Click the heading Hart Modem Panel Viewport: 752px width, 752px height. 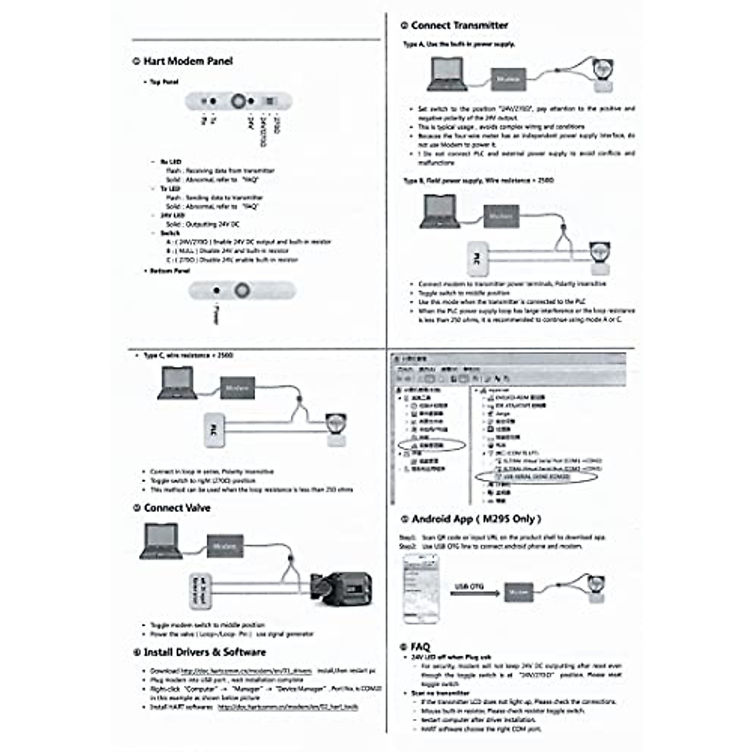click(x=187, y=61)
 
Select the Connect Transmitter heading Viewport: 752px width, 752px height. click(x=459, y=26)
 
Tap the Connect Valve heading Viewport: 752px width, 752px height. click(x=177, y=508)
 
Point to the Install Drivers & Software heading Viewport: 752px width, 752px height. click(x=204, y=652)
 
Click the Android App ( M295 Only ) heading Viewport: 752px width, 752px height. click(x=476, y=519)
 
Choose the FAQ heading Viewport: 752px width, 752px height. click(x=420, y=647)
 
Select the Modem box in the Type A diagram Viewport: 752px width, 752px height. click(x=508, y=79)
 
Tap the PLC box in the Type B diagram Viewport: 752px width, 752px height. click(x=478, y=258)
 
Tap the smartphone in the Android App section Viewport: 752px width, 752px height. click(x=420, y=588)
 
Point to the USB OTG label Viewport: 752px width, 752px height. click(x=469, y=587)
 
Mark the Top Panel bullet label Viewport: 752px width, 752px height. click(x=164, y=82)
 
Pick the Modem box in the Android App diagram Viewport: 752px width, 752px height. click(x=518, y=592)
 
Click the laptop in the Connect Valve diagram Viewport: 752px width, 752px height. click(x=163, y=542)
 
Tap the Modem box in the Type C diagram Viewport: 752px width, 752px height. click(x=238, y=388)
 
